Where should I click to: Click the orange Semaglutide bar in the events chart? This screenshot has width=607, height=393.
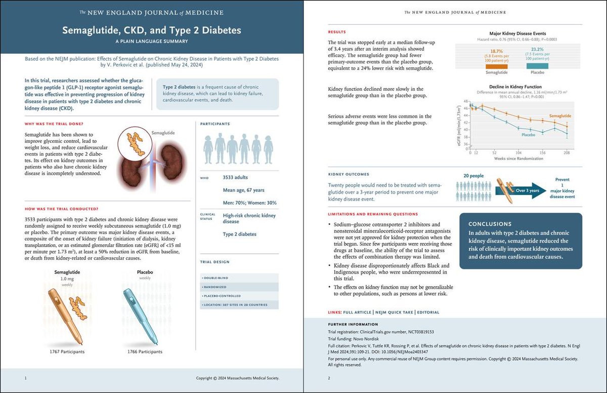pyautogui.click(x=497, y=66)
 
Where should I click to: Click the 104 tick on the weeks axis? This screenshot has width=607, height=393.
pyautogui.click(x=518, y=152)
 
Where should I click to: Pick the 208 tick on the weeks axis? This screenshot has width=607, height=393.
pyautogui.click(x=567, y=152)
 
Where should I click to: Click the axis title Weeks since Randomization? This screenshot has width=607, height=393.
pyautogui.click(x=519, y=159)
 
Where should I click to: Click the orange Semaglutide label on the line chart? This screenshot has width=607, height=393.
pyautogui.click(x=560, y=116)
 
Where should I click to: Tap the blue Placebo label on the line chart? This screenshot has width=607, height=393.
pyautogui.click(x=528, y=135)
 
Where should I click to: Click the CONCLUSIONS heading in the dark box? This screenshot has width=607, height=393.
pyautogui.click(x=490, y=224)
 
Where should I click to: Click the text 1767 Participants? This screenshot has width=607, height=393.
pyautogui.click(x=67, y=351)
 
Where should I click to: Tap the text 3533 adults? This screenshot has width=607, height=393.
pyautogui.click(x=235, y=178)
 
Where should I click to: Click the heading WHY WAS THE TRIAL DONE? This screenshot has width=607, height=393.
pyautogui.click(x=53, y=124)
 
